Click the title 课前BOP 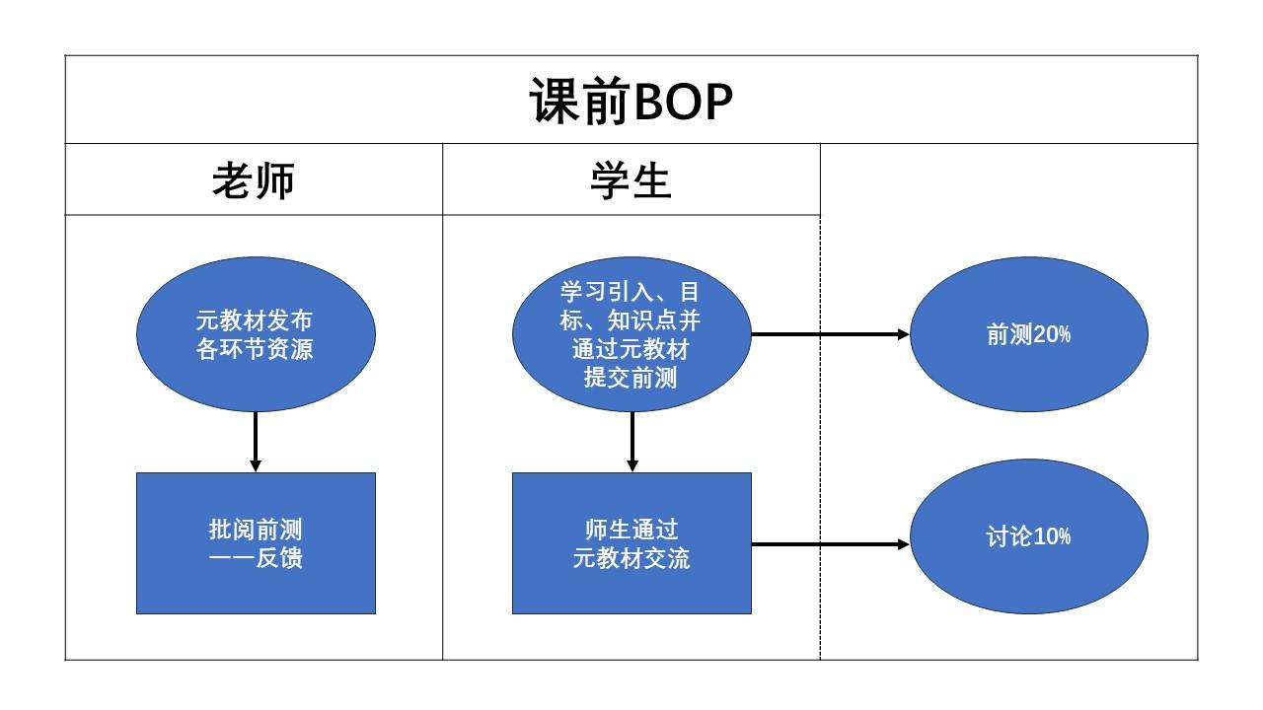pyautogui.click(x=631, y=101)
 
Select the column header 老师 pyautogui.click(x=254, y=180)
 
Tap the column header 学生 pyautogui.click(x=631, y=180)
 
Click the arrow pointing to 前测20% pyautogui.click(x=829, y=334)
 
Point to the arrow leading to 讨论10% pyautogui.click(x=829, y=543)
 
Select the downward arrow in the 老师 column pyautogui.click(x=256, y=441)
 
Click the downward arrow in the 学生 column pyautogui.click(x=632, y=441)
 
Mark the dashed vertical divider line pyautogui.click(x=820, y=444)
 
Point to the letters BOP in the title pyautogui.click(x=683, y=101)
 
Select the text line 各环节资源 pyautogui.click(x=256, y=349)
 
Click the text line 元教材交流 pyautogui.click(x=631, y=558)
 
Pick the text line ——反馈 pyautogui.click(x=256, y=558)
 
